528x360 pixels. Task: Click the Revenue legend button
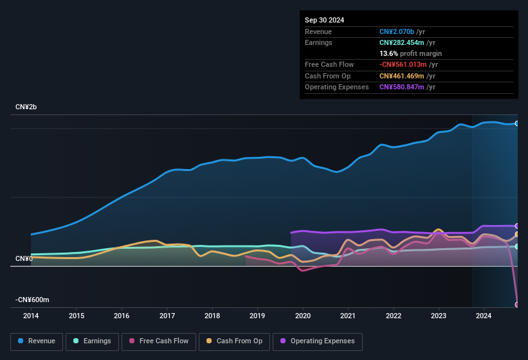pyautogui.click(x=37, y=341)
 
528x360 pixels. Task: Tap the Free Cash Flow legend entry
pyautogui.click(x=159, y=341)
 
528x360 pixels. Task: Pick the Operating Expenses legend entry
pyautogui.click(x=317, y=341)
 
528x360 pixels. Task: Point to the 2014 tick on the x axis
pyautogui.click(x=31, y=316)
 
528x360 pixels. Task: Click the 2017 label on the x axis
pyautogui.click(x=167, y=316)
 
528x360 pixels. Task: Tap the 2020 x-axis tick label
pyautogui.click(x=303, y=316)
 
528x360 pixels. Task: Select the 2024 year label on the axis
pyautogui.click(x=484, y=316)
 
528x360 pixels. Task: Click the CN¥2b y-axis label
pyautogui.click(x=26, y=107)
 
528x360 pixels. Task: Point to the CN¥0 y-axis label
pyautogui.click(x=24, y=258)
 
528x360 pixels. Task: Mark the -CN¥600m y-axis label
pyautogui.click(x=33, y=300)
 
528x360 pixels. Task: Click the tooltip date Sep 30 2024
pyautogui.click(x=325, y=20)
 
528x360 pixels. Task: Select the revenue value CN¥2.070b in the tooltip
pyautogui.click(x=397, y=32)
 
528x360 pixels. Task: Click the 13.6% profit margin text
pyautogui.click(x=410, y=53)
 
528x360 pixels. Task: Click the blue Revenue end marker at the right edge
pyautogui.click(x=517, y=123)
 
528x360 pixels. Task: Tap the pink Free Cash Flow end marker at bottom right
pyautogui.click(x=517, y=304)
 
